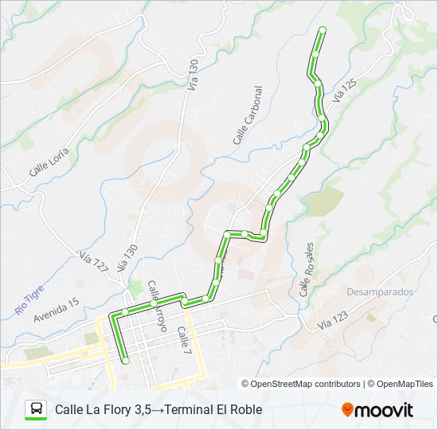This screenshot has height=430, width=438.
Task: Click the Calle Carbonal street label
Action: click(x=248, y=115)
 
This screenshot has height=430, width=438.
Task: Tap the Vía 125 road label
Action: click(x=344, y=89)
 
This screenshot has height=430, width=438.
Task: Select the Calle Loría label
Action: click(x=49, y=162)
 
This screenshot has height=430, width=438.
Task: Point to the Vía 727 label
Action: click(x=93, y=263)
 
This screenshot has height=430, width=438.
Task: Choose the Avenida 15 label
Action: click(x=57, y=310)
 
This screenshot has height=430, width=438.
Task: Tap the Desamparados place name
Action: click(x=381, y=292)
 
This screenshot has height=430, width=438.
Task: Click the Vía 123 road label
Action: click(x=333, y=321)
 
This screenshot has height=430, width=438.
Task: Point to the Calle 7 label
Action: click(x=185, y=340)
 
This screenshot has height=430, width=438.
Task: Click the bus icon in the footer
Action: click(x=37, y=409)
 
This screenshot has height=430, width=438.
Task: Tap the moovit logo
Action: click(x=377, y=410)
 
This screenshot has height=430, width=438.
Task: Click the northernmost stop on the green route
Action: click(x=323, y=30)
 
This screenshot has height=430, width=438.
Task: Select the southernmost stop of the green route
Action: click(x=125, y=361)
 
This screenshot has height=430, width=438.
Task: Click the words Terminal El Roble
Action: click(x=213, y=410)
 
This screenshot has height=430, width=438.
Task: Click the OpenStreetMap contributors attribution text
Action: click(x=306, y=384)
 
